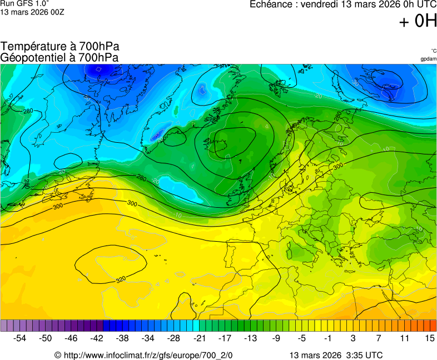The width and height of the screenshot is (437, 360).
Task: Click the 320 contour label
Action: (x=121, y=279)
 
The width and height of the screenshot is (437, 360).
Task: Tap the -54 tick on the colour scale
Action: (x=20, y=338)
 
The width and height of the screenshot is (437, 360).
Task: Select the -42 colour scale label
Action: (x=97, y=338)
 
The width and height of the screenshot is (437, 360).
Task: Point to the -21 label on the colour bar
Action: (x=199, y=338)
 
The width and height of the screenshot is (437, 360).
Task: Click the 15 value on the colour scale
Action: (x=429, y=338)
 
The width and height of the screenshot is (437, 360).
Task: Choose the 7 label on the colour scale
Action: (x=378, y=338)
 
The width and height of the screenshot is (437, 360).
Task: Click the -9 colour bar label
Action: (x=276, y=338)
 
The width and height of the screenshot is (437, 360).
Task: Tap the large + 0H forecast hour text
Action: (x=418, y=21)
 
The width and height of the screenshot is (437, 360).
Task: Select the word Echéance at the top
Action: (x=270, y=4)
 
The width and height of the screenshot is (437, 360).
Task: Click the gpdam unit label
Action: (x=428, y=59)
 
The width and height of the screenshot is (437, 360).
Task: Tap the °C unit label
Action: (x=433, y=51)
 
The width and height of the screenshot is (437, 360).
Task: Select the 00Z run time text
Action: (x=56, y=12)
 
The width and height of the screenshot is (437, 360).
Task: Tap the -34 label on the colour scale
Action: (x=148, y=338)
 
